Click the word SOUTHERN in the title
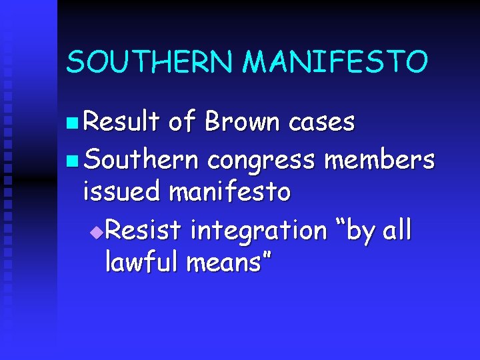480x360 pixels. [151, 63]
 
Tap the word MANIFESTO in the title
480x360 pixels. [335, 63]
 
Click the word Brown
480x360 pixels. [242, 121]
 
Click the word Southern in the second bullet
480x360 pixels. [142, 159]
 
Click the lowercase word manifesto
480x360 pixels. [230, 192]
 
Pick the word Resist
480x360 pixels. [143, 230]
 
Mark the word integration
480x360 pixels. [259, 231]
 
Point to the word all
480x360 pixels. [397, 230]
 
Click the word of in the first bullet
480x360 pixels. [181, 121]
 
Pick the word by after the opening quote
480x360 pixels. [358, 231]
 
